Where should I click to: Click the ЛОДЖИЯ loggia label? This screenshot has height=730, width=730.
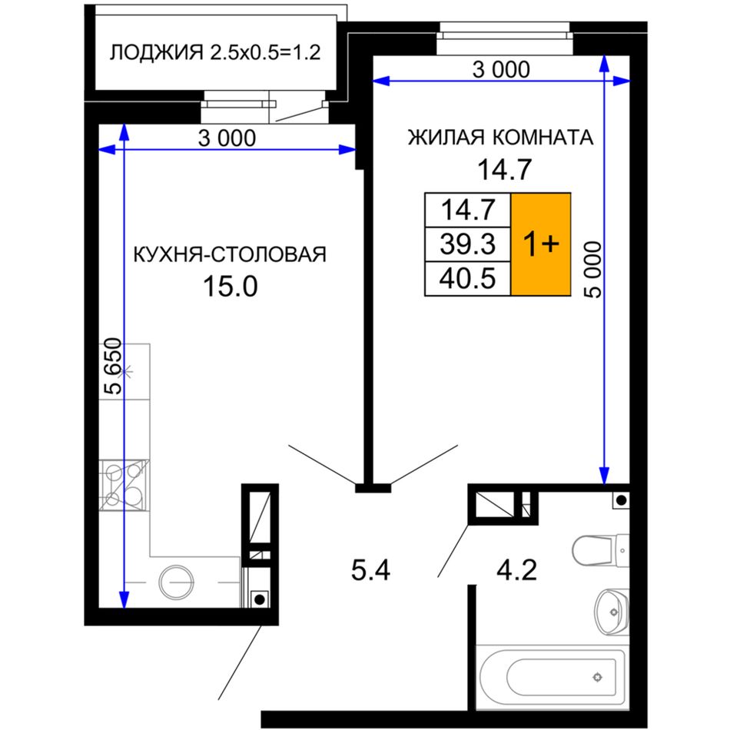157,52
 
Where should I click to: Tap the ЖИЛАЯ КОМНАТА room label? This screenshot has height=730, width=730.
500,138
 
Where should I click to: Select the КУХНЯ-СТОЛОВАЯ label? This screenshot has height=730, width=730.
230,254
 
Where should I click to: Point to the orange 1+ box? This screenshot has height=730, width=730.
541,244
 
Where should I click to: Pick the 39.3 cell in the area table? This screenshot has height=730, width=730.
468,244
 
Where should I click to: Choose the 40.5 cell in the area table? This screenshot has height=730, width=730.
468,278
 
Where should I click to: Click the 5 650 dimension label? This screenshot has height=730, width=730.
113,366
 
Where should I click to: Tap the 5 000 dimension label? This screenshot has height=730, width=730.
592,270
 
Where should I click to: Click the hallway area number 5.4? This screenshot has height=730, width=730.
370,571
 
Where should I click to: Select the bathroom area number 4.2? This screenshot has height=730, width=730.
517,570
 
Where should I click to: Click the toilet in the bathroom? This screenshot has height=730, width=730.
601,550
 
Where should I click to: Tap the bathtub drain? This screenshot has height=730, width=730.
598,677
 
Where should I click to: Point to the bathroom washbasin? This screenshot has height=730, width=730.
612,612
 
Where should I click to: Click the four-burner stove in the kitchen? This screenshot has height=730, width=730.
124,485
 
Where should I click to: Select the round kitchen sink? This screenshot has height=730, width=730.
177,582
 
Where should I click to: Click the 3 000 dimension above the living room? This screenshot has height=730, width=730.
501,70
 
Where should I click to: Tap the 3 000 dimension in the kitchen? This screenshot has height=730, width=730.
227,138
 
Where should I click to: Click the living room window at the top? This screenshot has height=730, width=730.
504,38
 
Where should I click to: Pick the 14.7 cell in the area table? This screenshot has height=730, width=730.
468,210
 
